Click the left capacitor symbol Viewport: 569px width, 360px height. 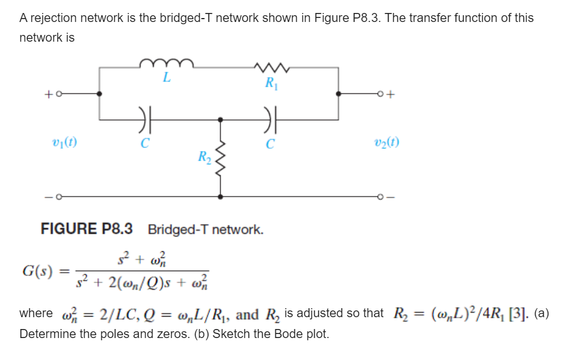click(145, 119)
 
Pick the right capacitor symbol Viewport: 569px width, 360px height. click(270, 119)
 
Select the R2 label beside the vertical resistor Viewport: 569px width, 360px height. click(204, 157)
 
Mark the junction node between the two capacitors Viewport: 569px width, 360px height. click(220, 119)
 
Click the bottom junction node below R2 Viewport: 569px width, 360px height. click(220, 197)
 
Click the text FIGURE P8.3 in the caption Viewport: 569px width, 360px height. click(87, 229)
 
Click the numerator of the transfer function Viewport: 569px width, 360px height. click(142, 259)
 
